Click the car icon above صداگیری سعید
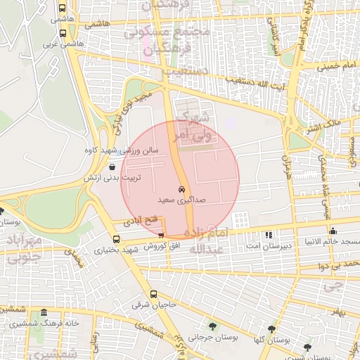coord(181,190)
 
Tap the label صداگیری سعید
coord(181,200)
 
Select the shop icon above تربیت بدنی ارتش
coord(113,167)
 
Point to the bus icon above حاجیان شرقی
coord(154,294)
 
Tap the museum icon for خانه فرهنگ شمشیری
coord(44,313)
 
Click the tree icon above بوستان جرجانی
coord(212,326)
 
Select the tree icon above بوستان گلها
coord(271,328)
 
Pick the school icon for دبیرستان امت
coord(267,234)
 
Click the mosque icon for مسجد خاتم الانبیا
coord(333,231)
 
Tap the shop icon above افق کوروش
coord(162,236)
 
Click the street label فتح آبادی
coord(137,221)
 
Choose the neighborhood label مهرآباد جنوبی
coord(27,250)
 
